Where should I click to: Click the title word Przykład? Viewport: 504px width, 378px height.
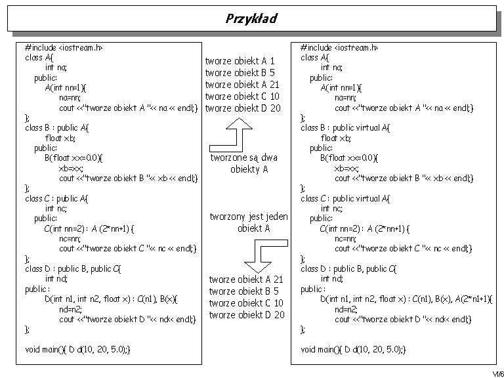251,18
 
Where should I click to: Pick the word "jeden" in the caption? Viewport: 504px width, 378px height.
277,217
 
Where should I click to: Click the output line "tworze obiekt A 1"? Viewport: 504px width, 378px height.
240,61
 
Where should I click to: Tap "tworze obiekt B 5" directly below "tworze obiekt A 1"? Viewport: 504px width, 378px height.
240,73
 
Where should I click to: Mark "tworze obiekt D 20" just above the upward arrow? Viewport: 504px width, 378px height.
243,108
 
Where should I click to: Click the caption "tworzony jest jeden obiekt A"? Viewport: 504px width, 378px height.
249,222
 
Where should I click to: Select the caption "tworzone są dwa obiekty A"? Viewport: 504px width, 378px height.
244,163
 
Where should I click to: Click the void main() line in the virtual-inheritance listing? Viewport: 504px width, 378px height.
354,349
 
